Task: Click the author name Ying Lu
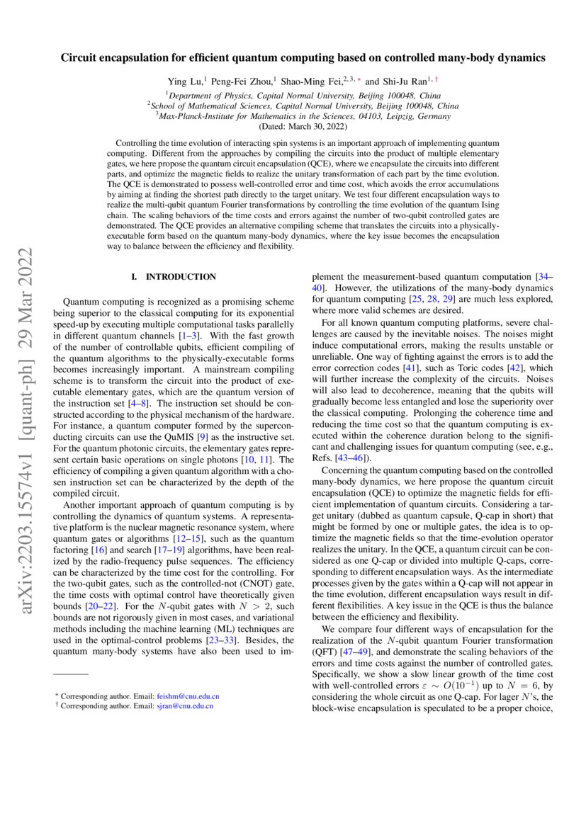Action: point(185,81)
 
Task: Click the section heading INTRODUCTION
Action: point(181,277)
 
